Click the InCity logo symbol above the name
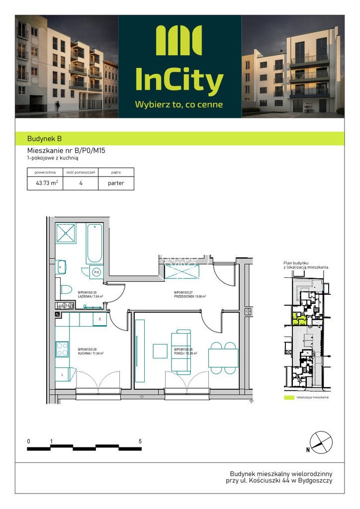[x=179, y=41]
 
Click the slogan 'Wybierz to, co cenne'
[x=179, y=104]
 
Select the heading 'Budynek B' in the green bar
[x=45, y=139]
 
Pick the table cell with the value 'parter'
[x=116, y=183]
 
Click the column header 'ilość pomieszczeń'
[x=81, y=172]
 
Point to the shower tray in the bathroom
[x=66, y=234]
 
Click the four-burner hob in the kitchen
[x=63, y=349]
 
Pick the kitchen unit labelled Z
[x=99, y=319]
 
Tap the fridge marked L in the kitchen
[x=62, y=373]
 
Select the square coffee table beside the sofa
[x=160, y=351]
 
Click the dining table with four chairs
[x=223, y=358]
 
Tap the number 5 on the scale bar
[x=140, y=441]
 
